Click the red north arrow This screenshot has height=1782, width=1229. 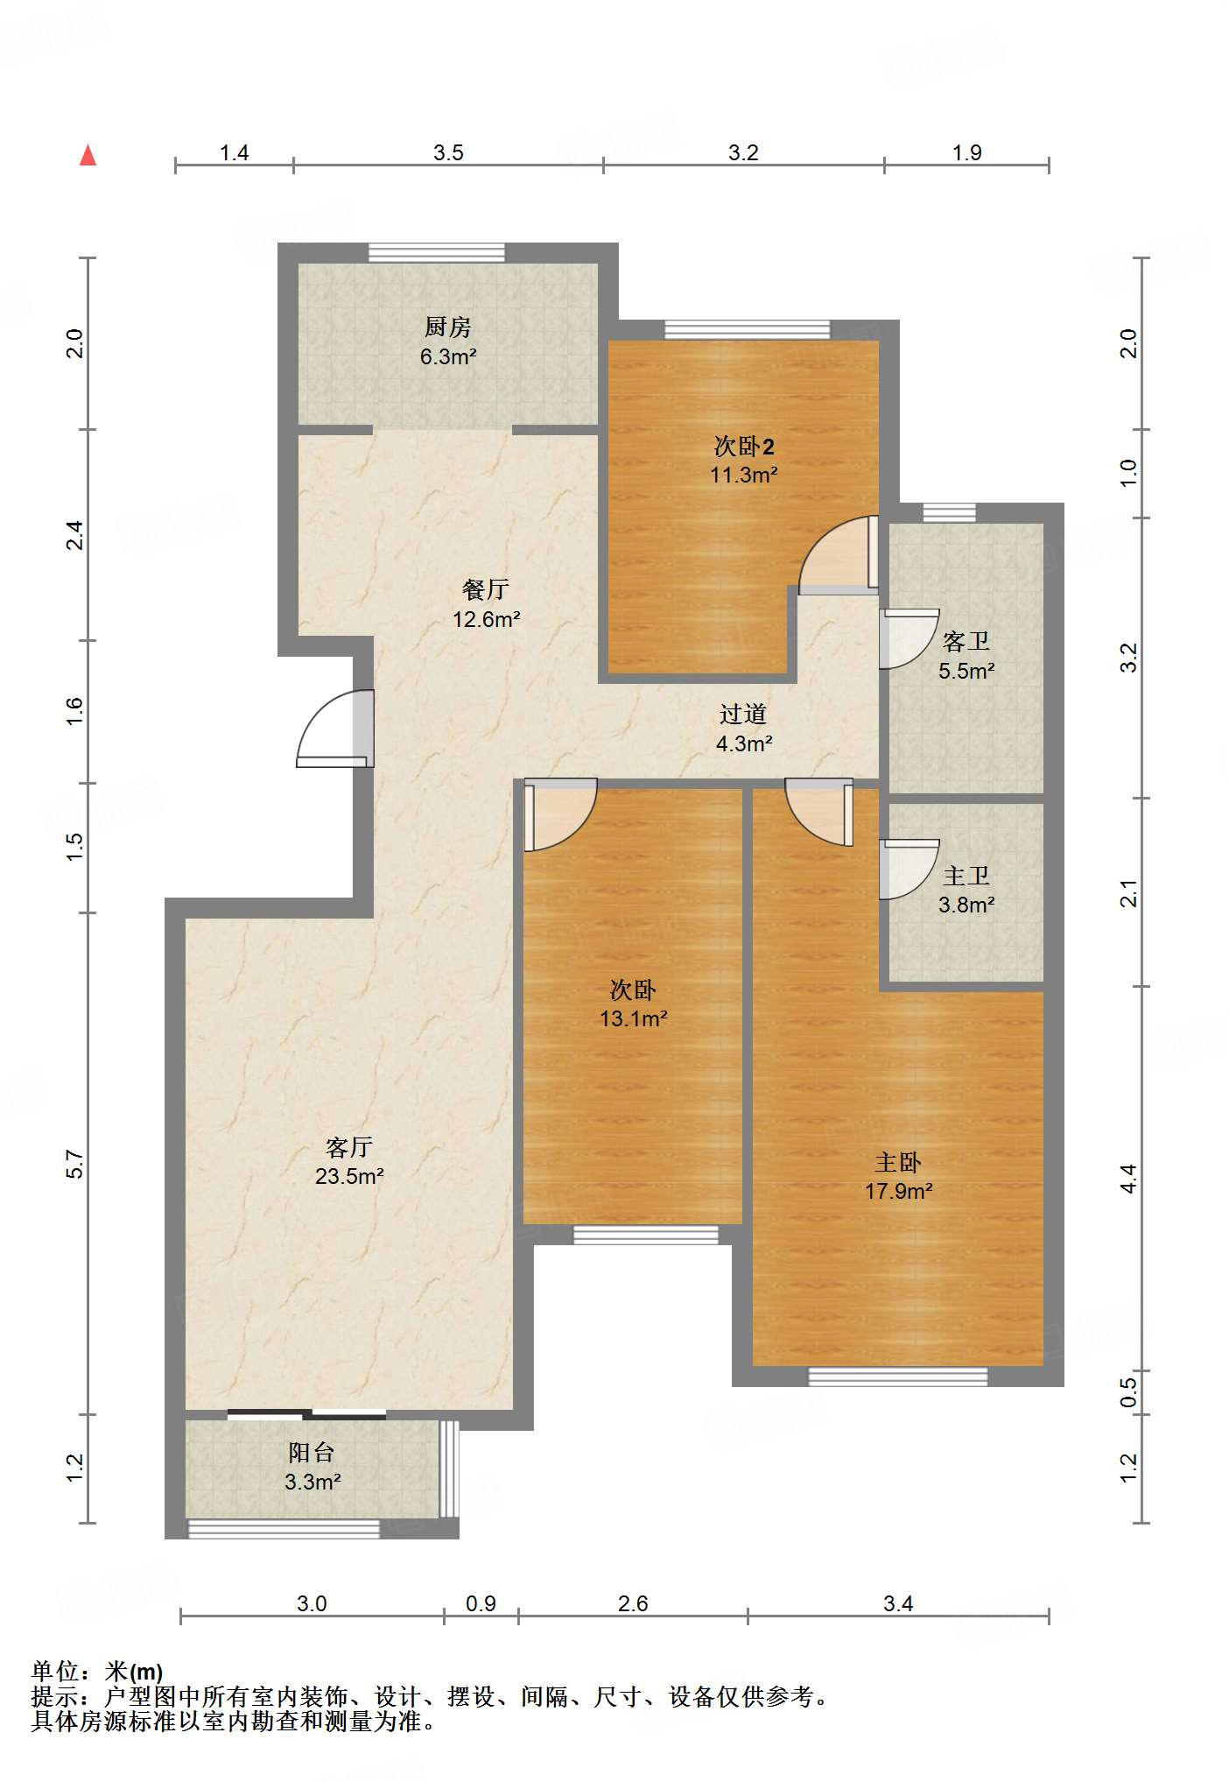pos(88,155)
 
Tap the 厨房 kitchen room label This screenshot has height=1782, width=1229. pos(448,328)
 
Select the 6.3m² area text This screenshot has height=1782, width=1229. pos(448,356)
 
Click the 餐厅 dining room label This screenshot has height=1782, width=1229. pos(486,589)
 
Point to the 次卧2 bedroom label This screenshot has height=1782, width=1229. pos(744,447)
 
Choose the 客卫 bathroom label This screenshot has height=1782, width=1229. pos(966,642)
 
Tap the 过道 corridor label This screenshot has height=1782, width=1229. pos(743,715)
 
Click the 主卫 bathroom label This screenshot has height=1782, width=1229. pos(966,876)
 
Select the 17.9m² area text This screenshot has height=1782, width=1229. pos(899,1191)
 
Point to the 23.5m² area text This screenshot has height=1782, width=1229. pos(349,1176)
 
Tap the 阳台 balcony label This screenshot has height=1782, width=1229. pos(312,1453)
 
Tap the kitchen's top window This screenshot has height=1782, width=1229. pos(437,252)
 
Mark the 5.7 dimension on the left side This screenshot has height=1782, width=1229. pos(75,1164)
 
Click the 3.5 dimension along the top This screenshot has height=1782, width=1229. pos(448,153)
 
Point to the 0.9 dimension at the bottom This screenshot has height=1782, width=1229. pos(481,1603)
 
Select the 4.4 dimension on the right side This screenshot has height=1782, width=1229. pos(1129,1179)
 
